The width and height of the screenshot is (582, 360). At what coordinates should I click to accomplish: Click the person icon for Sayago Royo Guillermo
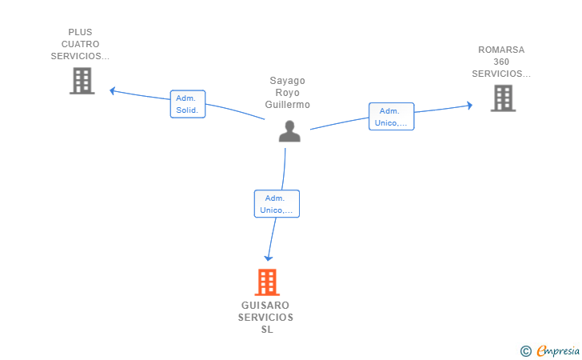point(289,131)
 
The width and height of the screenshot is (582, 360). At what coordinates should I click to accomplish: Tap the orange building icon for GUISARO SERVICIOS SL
point(267,282)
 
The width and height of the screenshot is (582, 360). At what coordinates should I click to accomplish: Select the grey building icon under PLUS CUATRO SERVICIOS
point(82,81)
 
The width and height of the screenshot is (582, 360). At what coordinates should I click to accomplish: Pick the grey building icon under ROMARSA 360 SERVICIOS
point(503,98)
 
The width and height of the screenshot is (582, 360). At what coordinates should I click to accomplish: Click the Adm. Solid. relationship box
point(188,104)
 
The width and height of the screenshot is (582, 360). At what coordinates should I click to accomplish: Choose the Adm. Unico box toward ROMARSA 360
point(391,117)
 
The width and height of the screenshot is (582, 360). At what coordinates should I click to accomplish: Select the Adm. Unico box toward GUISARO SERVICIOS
point(277,203)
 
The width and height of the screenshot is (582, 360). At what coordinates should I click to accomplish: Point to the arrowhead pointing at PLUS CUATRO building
point(113,90)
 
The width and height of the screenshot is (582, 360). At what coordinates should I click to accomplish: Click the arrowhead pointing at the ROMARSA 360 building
point(470,106)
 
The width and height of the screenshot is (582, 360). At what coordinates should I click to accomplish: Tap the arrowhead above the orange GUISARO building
point(269,258)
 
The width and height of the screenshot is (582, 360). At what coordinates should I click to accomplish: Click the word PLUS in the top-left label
point(80,32)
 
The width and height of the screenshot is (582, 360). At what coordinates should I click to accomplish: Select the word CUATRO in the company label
point(80,44)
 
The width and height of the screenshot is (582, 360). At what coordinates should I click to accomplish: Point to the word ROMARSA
point(501,50)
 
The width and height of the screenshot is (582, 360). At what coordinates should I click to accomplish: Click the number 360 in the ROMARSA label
point(501,62)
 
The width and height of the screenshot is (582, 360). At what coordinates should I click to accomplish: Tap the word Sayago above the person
point(287,81)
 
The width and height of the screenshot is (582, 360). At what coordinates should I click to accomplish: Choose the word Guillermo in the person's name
point(287,105)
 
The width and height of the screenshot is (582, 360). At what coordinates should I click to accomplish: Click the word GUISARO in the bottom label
point(265,306)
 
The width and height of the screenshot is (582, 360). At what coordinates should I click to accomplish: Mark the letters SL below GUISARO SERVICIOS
point(267,330)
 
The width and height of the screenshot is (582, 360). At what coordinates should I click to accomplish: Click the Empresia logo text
point(558,350)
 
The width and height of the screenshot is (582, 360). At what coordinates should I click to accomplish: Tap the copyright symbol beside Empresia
point(525,351)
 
